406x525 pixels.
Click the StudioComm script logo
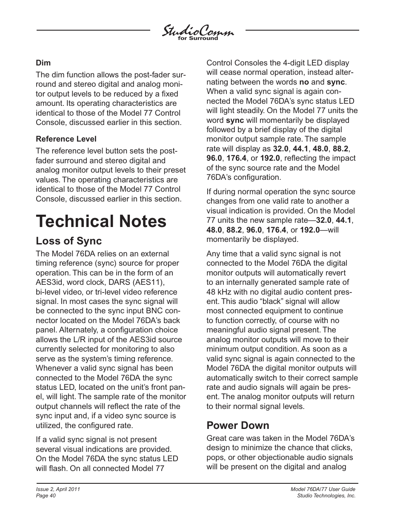coord(197,31)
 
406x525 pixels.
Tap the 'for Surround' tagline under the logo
coord(197,38)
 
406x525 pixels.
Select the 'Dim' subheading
coord(43,63)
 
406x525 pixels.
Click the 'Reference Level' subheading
coord(66,139)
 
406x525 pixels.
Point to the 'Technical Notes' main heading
coord(101,221)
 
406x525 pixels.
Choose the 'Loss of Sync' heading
coord(69,241)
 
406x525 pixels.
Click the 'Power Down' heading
coord(237,426)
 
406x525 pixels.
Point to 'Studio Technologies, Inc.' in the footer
coord(326,496)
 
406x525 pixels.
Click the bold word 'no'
coord(304,82)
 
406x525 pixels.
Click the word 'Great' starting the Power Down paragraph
coord(217,438)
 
